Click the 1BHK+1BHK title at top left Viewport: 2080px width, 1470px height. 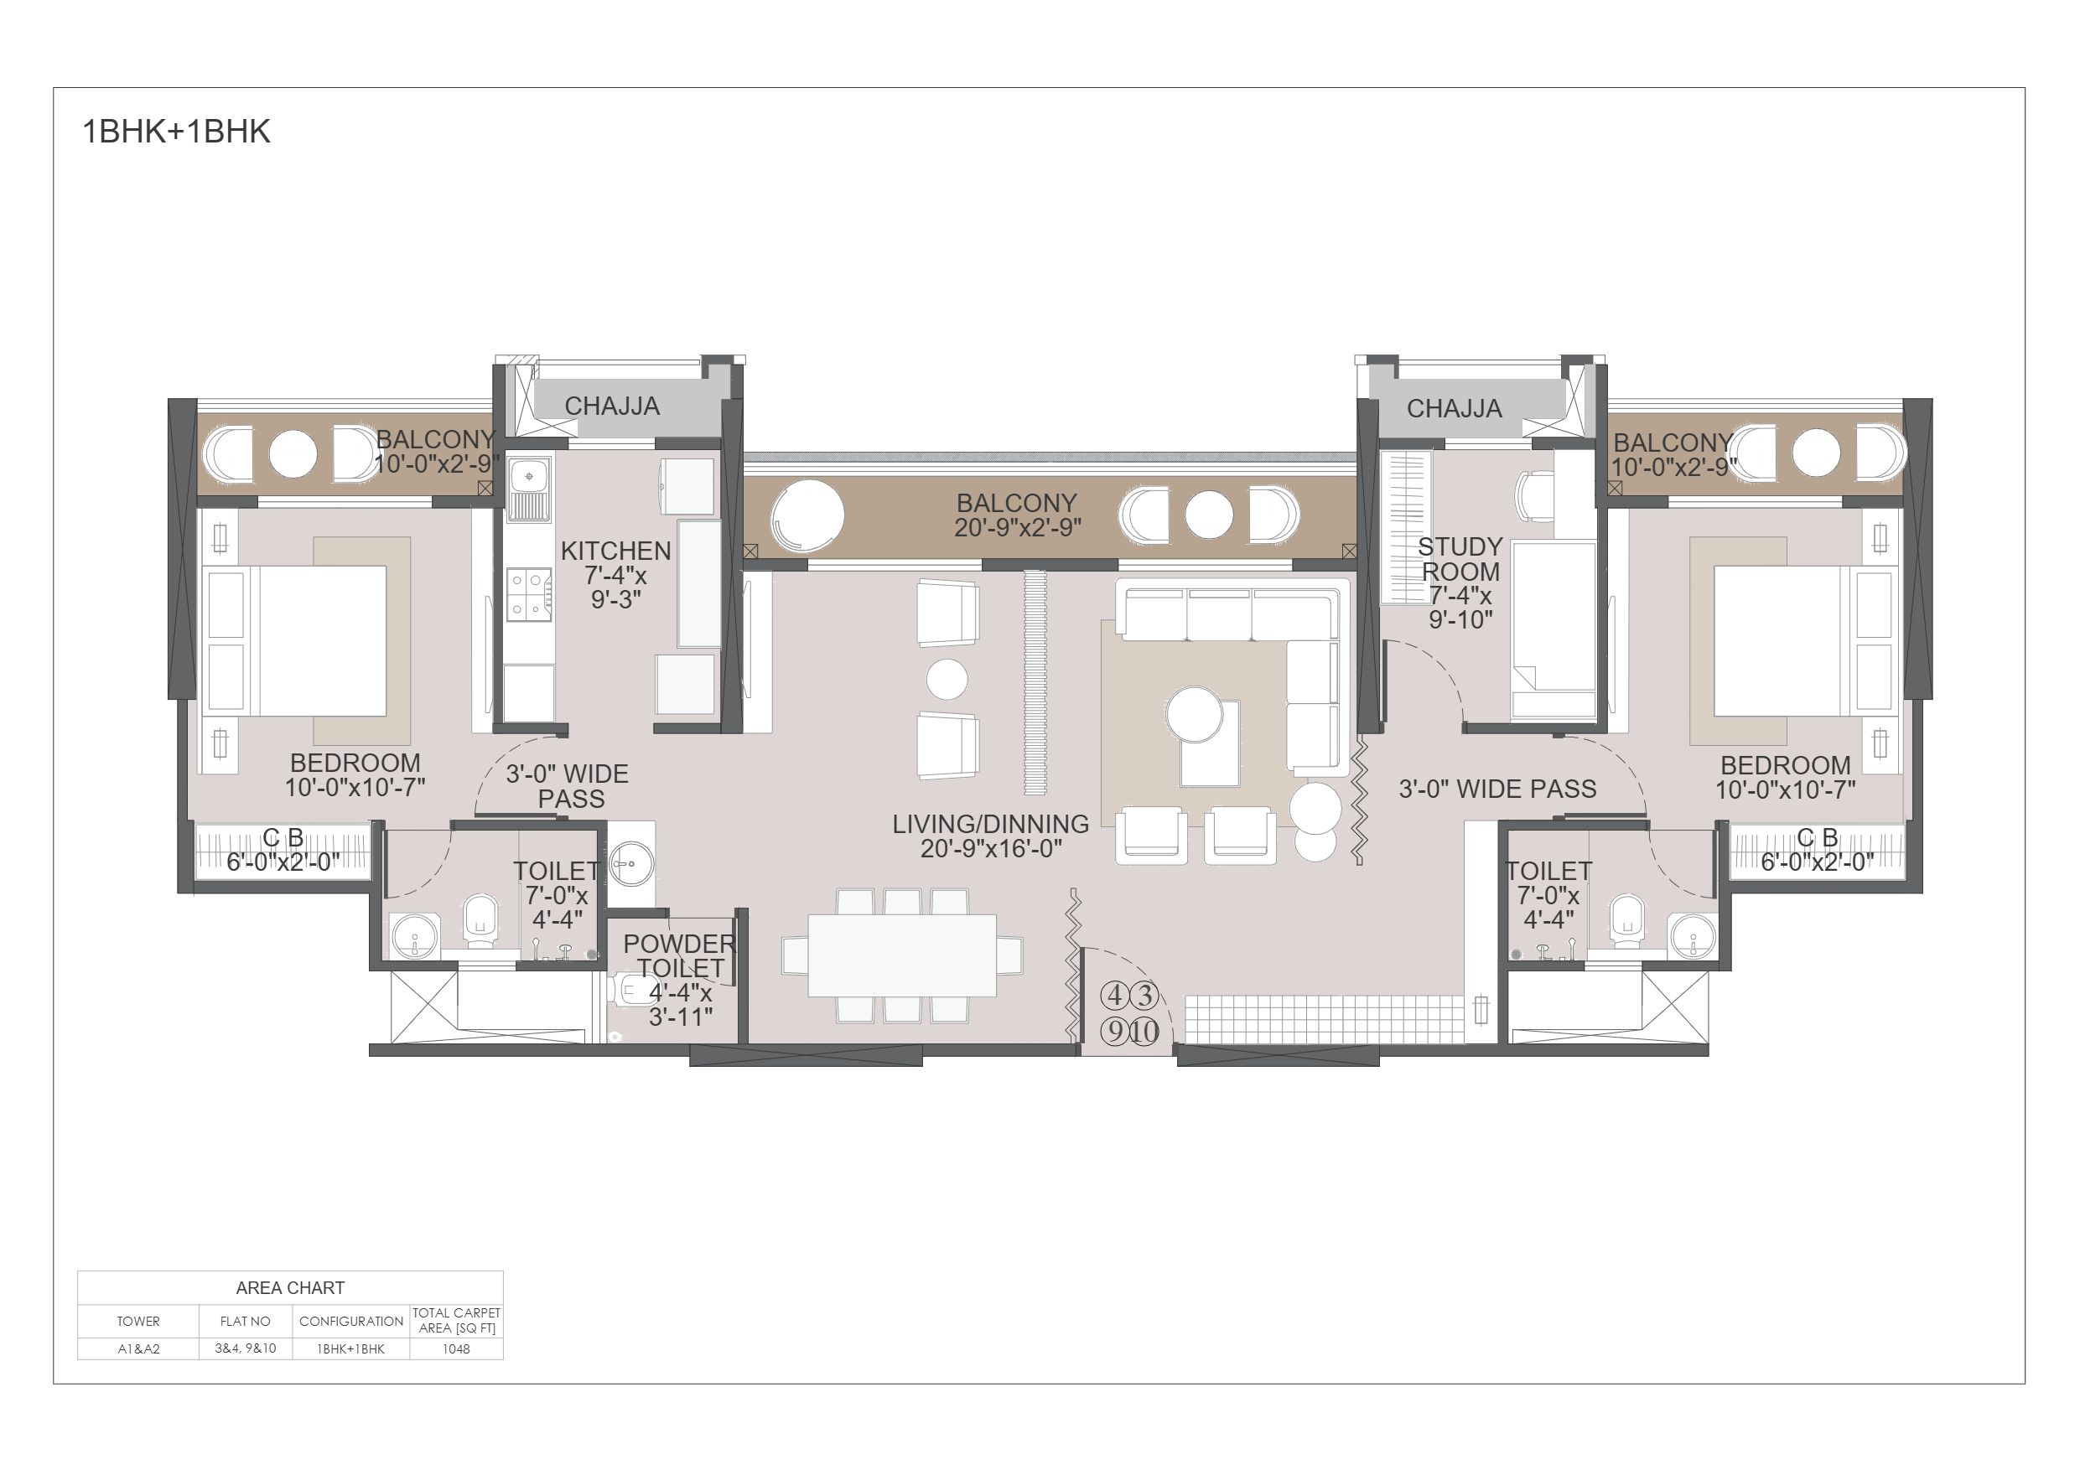point(177,132)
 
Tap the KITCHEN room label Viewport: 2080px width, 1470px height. point(616,551)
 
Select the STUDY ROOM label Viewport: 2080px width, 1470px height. point(1460,560)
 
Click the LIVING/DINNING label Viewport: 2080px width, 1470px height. point(990,824)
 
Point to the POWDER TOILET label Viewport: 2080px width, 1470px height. point(679,956)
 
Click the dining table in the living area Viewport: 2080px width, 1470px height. point(902,955)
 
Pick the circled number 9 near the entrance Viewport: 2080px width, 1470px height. point(1114,1031)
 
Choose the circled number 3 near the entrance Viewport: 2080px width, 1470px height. point(1145,996)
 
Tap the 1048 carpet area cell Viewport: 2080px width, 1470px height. point(457,1348)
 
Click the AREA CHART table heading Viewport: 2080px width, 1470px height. point(290,1288)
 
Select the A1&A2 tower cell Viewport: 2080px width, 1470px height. point(138,1348)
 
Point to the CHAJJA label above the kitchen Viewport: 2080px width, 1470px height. point(612,406)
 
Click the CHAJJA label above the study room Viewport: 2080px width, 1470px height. point(1454,408)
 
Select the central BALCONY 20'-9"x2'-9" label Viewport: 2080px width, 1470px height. point(1016,515)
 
